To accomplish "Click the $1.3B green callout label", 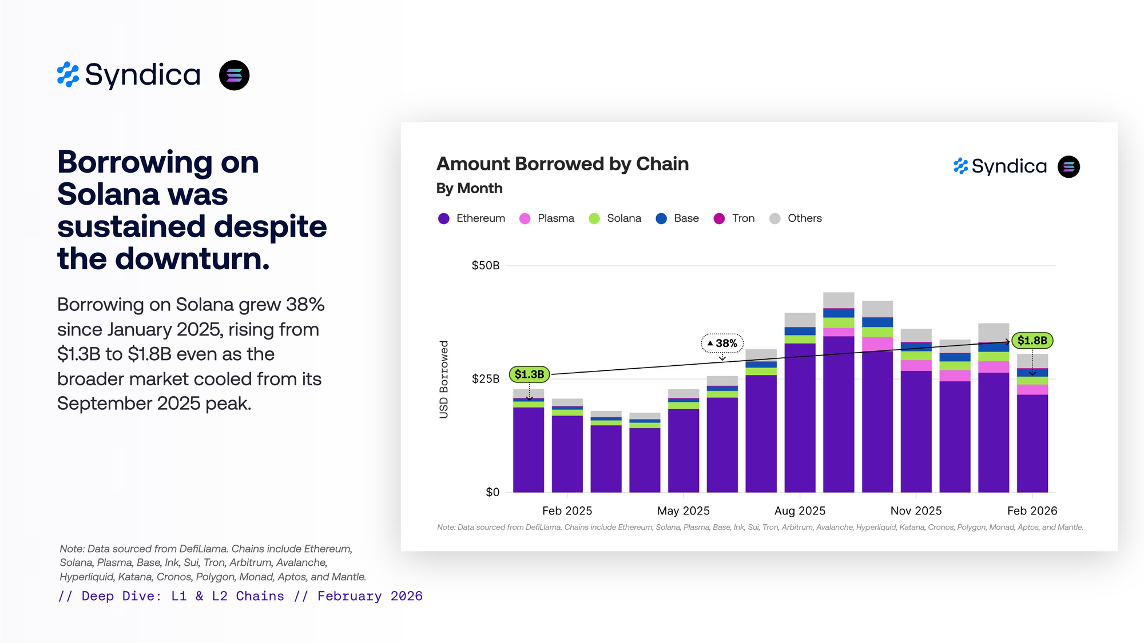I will [529, 374].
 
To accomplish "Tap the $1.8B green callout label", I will [1032, 341].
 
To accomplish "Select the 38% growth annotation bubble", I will [722, 343].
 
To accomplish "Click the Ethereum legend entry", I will [471, 218].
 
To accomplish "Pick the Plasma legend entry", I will [546, 218].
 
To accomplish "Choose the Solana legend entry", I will [615, 218].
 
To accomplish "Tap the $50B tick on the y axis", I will [485, 265].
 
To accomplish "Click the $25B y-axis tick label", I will [485, 378].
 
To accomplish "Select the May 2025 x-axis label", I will [683, 510].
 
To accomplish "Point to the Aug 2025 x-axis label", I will [800, 510].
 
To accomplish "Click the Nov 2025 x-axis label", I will [916, 510].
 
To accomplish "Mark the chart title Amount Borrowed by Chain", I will [562, 164].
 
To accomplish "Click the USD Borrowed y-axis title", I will [444, 379].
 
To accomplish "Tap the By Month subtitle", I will [469, 188].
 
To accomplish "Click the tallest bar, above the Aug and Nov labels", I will [839, 400].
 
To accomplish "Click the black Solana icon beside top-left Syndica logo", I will [234, 75].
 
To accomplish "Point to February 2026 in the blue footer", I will [370, 596].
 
